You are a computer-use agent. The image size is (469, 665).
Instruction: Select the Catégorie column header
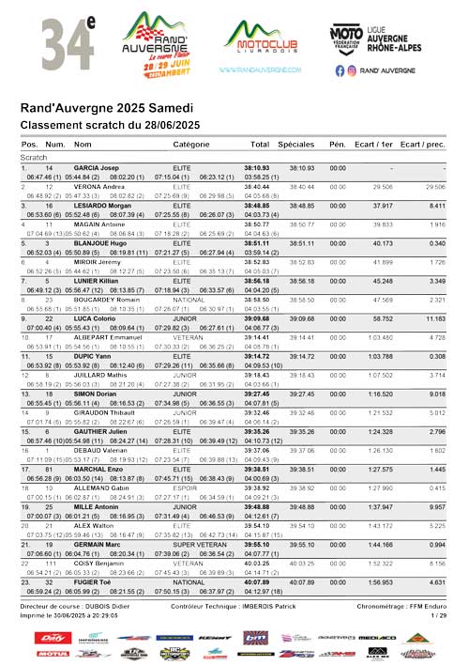pos(191,145)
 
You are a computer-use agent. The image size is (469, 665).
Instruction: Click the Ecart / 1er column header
pos(373,145)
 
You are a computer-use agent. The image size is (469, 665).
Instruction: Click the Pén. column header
pos(338,145)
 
